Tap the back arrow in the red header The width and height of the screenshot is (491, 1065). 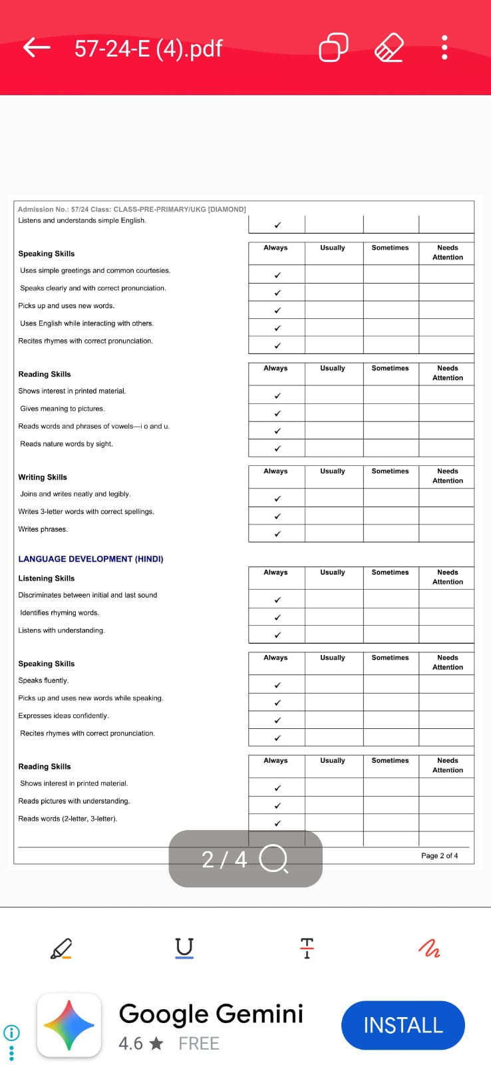(37, 47)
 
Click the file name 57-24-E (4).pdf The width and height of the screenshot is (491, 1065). (148, 49)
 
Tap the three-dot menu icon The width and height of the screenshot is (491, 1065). (444, 48)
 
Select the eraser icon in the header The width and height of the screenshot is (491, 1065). (389, 48)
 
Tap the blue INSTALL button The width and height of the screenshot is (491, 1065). (403, 1025)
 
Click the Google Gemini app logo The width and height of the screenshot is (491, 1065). (69, 1025)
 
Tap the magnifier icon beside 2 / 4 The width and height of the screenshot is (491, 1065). (273, 859)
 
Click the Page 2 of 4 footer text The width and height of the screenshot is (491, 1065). (439, 855)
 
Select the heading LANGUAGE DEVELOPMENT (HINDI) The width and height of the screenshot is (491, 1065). (90, 559)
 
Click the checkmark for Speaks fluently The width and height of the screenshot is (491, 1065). (277, 685)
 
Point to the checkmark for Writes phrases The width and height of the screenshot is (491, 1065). (277, 534)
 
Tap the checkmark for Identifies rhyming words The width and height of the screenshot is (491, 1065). (277, 618)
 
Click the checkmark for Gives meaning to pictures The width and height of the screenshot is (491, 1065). (277, 413)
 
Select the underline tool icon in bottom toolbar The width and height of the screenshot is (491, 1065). (184, 947)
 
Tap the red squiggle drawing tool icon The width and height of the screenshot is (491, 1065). (429, 948)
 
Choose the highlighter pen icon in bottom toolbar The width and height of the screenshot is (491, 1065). (61, 948)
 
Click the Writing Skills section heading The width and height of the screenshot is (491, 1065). (43, 477)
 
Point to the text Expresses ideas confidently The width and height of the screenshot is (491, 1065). (63, 716)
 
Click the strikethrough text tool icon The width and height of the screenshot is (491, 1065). (307, 948)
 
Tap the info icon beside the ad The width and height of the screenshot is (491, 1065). (11, 1033)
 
